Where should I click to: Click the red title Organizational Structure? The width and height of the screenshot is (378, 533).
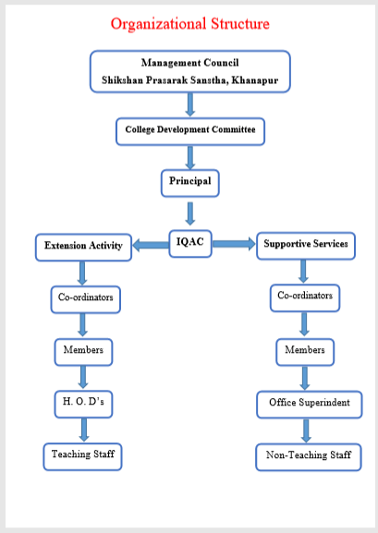tap(189, 24)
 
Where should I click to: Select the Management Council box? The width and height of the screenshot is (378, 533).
tap(189, 71)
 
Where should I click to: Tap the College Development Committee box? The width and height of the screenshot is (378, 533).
tap(190, 131)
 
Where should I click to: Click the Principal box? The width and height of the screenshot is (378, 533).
tap(189, 183)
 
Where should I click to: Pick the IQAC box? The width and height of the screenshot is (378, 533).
tap(190, 244)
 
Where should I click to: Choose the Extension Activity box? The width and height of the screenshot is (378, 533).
tap(83, 248)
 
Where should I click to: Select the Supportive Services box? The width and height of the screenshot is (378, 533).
tap(306, 246)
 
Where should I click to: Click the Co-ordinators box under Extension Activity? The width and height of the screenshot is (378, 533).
tap(85, 299)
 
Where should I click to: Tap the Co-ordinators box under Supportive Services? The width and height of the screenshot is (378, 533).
tap(305, 298)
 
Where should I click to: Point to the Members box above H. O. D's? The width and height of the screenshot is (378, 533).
tap(83, 352)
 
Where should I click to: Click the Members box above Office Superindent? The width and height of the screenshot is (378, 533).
tap(305, 352)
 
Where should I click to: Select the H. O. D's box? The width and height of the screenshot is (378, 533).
tap(83, 405)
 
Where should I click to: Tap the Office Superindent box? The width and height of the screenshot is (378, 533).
tap(310, 405)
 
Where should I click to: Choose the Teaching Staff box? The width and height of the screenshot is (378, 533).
tap(82, 457)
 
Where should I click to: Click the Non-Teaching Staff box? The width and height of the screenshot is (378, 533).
tap(309, 457)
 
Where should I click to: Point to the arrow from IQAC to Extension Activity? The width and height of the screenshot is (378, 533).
tap(151, 245)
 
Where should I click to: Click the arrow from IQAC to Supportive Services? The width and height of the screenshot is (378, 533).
tap(234, 244)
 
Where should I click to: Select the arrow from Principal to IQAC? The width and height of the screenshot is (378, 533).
tap(190, 213)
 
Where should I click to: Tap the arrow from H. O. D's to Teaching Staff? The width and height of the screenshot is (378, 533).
tap(84, 430)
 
